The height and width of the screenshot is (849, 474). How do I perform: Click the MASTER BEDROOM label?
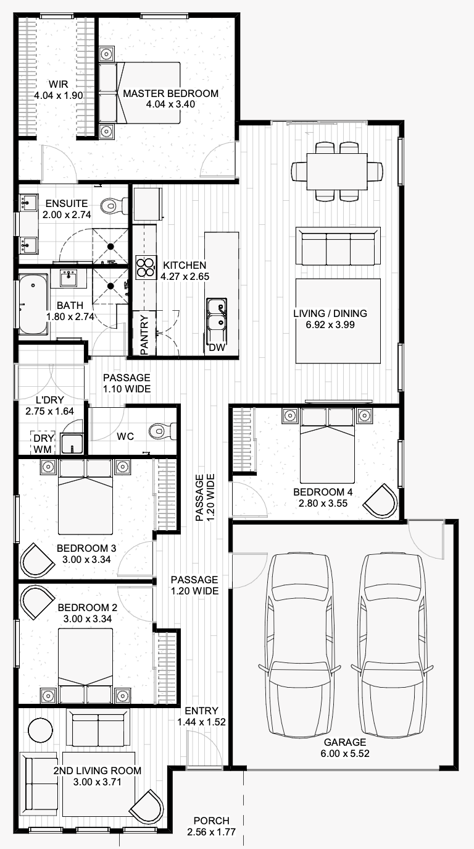[170, 94]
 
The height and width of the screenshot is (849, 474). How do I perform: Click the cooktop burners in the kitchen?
[146, 268]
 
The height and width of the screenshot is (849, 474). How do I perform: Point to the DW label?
[217, 348]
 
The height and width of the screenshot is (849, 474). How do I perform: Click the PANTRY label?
[144, 336]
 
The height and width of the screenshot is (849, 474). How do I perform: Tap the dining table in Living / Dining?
[338, 171]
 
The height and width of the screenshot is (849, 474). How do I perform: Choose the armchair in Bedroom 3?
[38, 561]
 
